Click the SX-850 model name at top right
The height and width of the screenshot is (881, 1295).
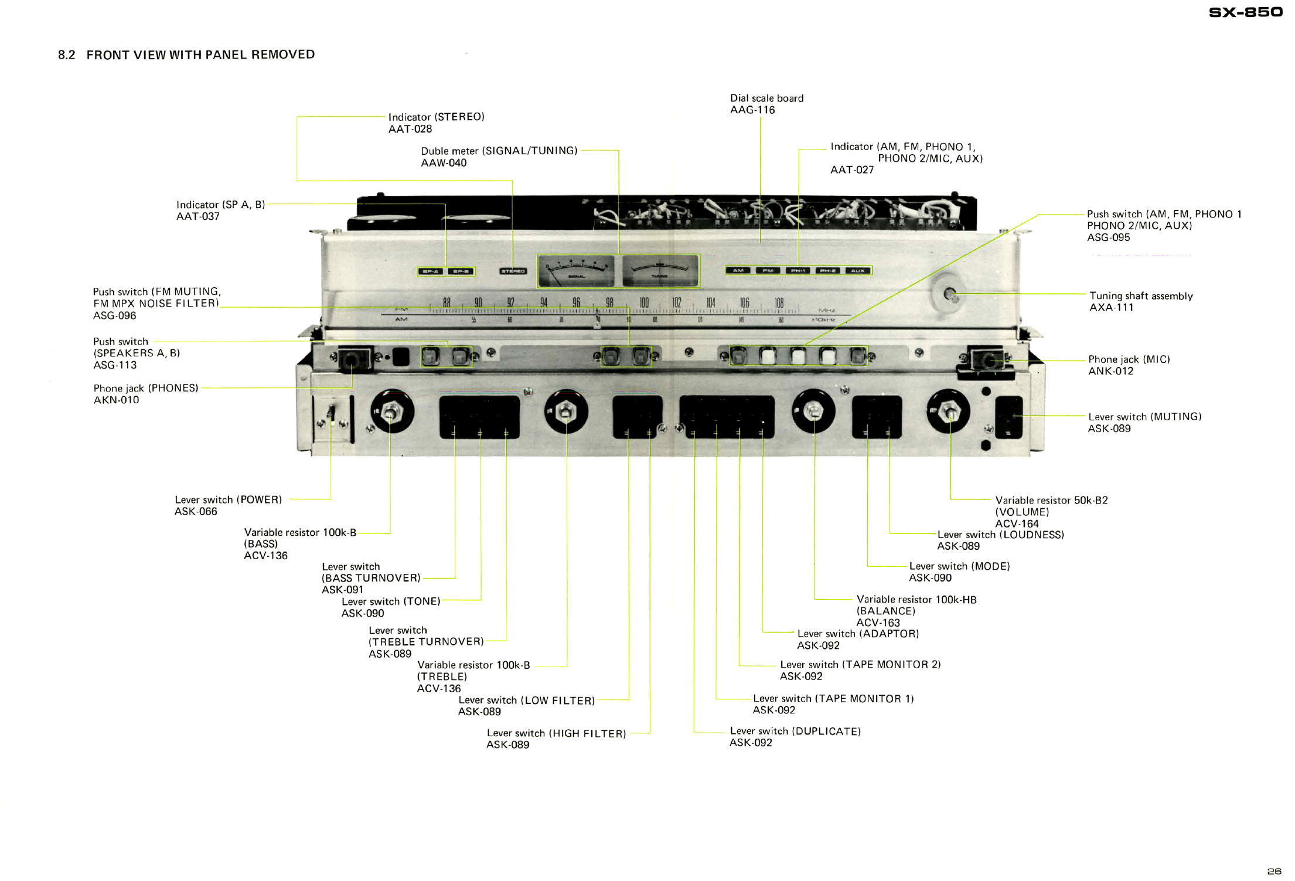point(1245,12)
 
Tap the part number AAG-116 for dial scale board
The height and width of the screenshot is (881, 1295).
point(752,110)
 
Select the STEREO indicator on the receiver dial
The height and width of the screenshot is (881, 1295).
point(513,271)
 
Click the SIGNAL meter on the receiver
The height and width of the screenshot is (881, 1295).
point(576,271)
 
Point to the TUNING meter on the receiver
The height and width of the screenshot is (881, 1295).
point(660,271)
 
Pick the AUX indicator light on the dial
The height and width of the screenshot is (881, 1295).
point(857,271)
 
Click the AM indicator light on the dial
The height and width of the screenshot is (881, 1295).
point(738,271)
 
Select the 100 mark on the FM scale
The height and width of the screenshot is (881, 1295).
point(643,303)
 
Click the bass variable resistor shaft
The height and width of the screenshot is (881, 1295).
point(391,413)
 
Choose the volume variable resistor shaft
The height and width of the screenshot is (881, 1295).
point(949,413)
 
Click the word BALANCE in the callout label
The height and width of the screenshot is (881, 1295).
point(885,611)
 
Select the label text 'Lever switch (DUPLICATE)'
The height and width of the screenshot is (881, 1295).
point(795,732)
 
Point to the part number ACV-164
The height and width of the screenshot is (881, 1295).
point(1017,524)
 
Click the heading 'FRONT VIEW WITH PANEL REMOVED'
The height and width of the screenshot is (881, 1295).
point(200,55)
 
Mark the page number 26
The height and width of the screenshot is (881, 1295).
point(1274,872)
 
